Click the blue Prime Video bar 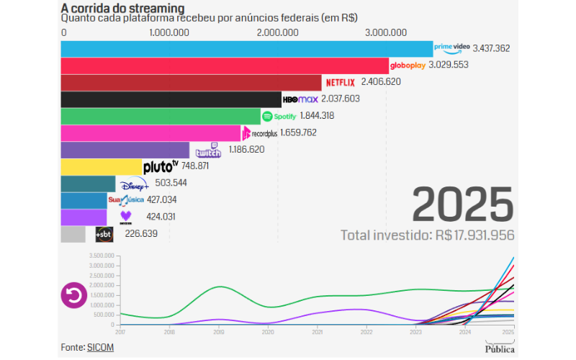(246, 49)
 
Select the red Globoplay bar (225, 66)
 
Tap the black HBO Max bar (171, 99)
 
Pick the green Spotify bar (160, 116)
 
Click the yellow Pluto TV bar (101, 166)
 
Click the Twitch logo (208, 150)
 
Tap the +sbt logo (104, 234)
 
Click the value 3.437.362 (491, 49)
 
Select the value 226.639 (140, 233)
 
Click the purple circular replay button (73, 295)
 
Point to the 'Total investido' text (427, 235)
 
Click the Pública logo (500, 349)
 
